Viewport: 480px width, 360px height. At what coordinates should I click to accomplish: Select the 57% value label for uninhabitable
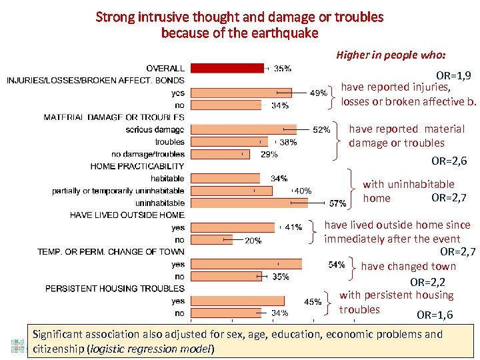[338, 203]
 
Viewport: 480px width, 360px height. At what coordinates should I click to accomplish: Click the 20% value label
[253, 241]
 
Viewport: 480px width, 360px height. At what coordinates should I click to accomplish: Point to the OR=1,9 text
[453, 76]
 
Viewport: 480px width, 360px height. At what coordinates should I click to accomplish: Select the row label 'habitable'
[167, 179]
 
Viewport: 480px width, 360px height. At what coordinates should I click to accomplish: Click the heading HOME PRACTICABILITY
[137, 166]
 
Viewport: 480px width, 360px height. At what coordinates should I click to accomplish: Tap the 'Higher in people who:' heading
[391, 55]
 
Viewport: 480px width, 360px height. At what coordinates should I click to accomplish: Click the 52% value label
[321, 130]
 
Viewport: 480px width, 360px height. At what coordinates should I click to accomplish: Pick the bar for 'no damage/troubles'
[219, 154]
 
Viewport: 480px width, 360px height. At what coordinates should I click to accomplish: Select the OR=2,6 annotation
[449, 161]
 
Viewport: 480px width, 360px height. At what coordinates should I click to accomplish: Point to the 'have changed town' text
[408, 267]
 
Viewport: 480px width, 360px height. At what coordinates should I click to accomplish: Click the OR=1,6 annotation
[435, 315]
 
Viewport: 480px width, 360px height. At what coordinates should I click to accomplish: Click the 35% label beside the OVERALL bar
[282, 68]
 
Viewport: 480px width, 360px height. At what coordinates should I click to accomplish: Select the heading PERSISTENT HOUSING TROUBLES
[115, 289]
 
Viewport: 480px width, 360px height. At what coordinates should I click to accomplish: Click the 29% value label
[269, 154]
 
